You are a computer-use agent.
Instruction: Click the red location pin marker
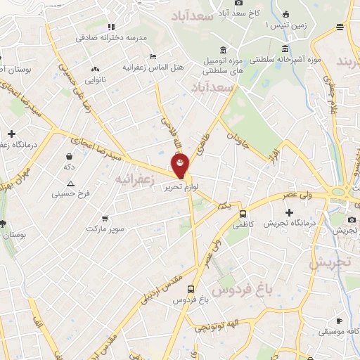tap(181, 165)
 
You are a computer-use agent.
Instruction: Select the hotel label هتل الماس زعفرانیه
tap(145, 67)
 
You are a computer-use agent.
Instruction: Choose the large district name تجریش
tap(329, 262)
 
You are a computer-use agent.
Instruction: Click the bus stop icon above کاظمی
tap(243, 214)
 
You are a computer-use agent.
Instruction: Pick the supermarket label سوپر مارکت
tap(105, 229)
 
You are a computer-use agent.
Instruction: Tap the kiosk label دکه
tap(69, 167)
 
